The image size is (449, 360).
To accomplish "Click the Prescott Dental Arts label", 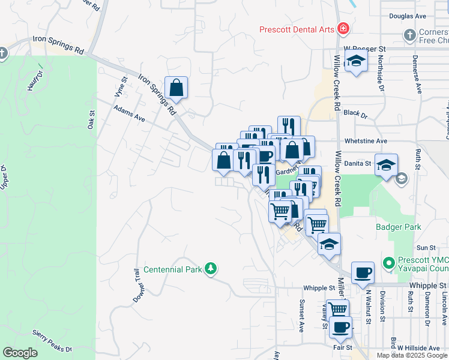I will [x=297, y=29].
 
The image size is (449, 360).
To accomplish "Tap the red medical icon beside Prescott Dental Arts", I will [x=343, y=28].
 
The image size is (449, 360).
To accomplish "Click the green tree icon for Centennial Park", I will [x=210, y=268].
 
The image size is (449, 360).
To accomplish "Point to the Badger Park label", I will [x=399, y=227].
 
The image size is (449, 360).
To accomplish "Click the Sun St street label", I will [x=426, y=247].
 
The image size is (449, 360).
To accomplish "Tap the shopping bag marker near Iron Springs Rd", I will [x=176, y=88].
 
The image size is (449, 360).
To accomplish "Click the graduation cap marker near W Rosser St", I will [x=357, y=61].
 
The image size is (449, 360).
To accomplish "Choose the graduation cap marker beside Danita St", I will [x=387, y=164].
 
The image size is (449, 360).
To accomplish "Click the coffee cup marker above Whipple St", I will [x=363, y=273].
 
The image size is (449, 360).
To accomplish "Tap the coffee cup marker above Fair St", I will [x=341, y=327].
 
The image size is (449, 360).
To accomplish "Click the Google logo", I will [x=20, y=353].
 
